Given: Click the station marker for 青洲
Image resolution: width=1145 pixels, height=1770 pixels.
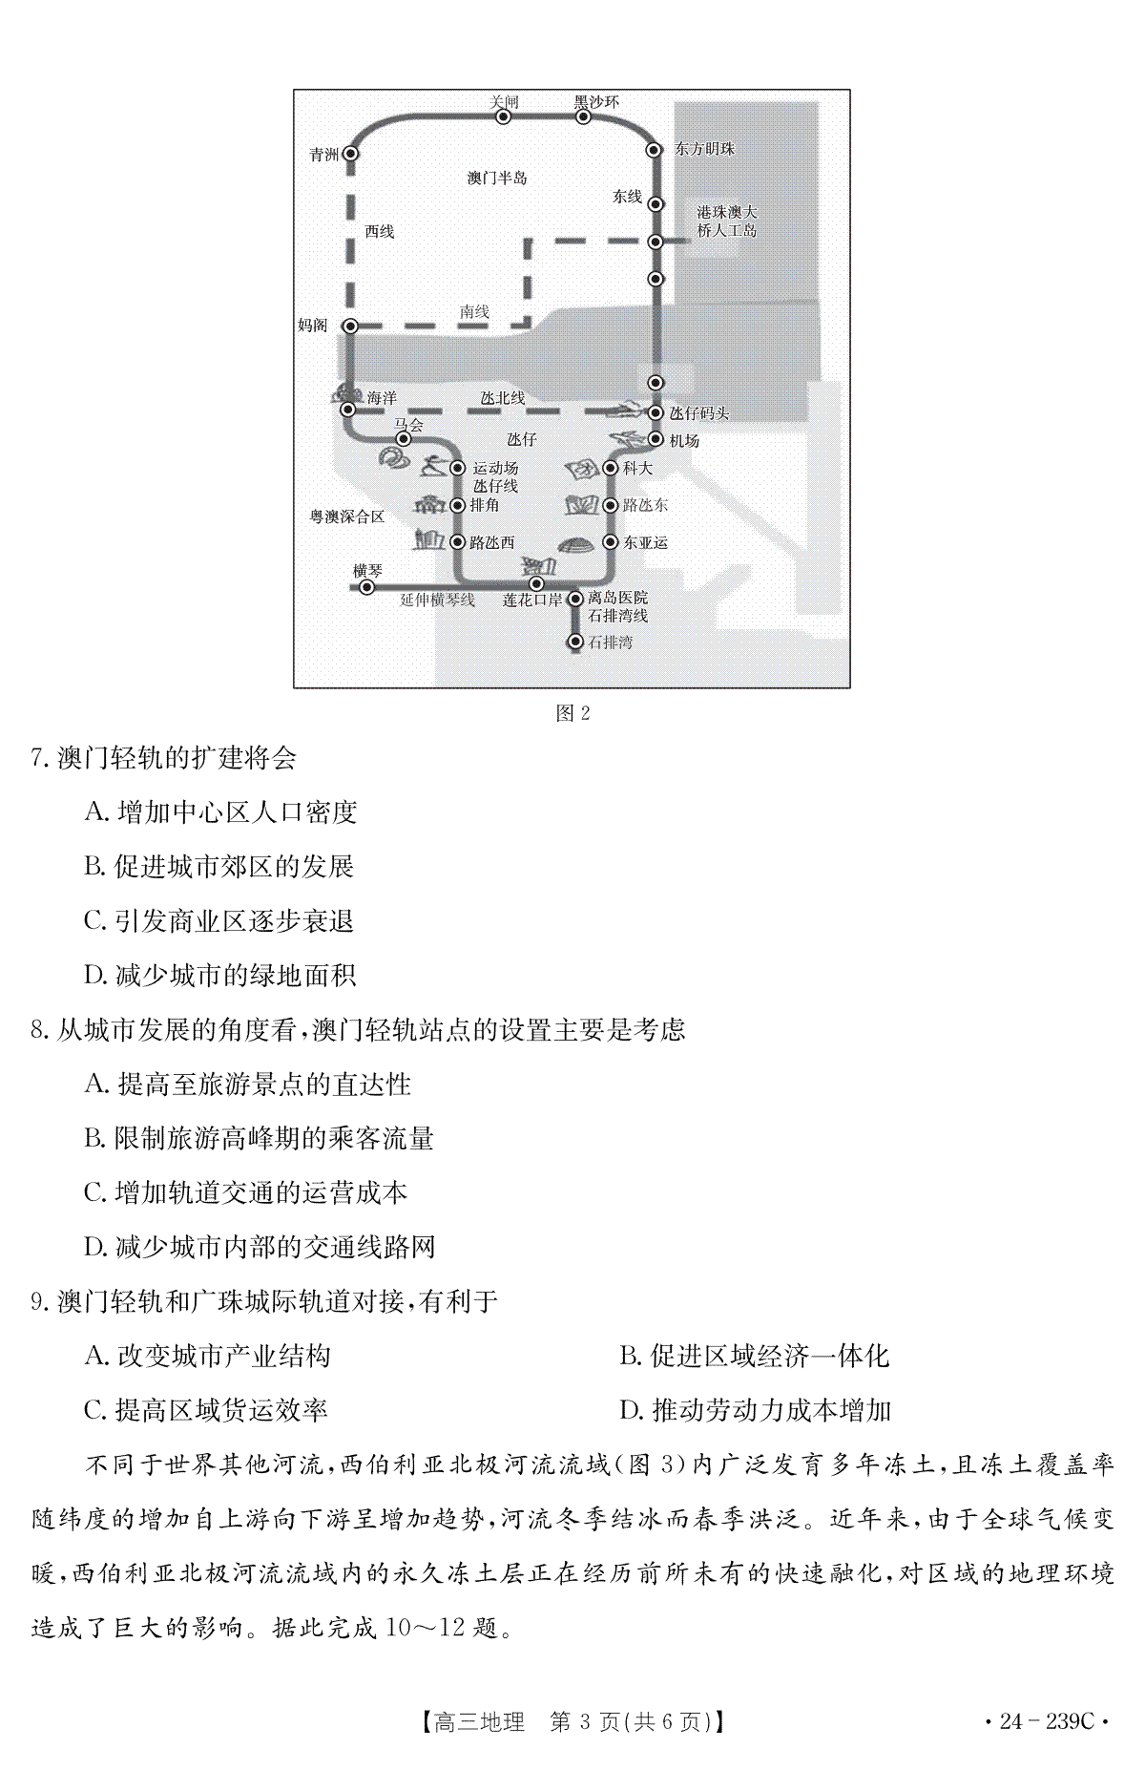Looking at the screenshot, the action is point(350,153).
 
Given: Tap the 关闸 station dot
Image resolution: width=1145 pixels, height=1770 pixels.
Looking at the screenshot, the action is point(504,116).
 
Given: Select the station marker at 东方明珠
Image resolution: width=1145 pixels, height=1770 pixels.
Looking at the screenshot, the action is point(655,150).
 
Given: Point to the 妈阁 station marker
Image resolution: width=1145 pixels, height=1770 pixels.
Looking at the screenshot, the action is point(349,326).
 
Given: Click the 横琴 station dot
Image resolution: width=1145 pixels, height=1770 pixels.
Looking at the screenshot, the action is point(367,587).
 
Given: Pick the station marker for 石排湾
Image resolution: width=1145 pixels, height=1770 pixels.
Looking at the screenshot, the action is point(575,642).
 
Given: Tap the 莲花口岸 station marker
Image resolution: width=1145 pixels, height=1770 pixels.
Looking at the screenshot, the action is point(536,583).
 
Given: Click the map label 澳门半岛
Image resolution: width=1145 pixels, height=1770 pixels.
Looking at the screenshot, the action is point(497,178).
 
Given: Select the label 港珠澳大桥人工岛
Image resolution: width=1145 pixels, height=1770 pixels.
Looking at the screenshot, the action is point(727,221).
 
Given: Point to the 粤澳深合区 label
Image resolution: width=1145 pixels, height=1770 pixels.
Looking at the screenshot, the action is point(346,516).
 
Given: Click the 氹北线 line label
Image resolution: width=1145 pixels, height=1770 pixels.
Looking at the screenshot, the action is point(503,398).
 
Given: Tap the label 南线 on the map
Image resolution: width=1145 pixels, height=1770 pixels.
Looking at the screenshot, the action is point(474,311).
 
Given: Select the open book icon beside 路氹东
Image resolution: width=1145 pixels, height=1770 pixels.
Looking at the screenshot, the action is point(582,505).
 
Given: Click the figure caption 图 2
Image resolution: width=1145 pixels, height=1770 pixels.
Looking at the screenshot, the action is point(572,712).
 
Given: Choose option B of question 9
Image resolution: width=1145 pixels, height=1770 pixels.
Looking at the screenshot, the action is point(754,1356).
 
